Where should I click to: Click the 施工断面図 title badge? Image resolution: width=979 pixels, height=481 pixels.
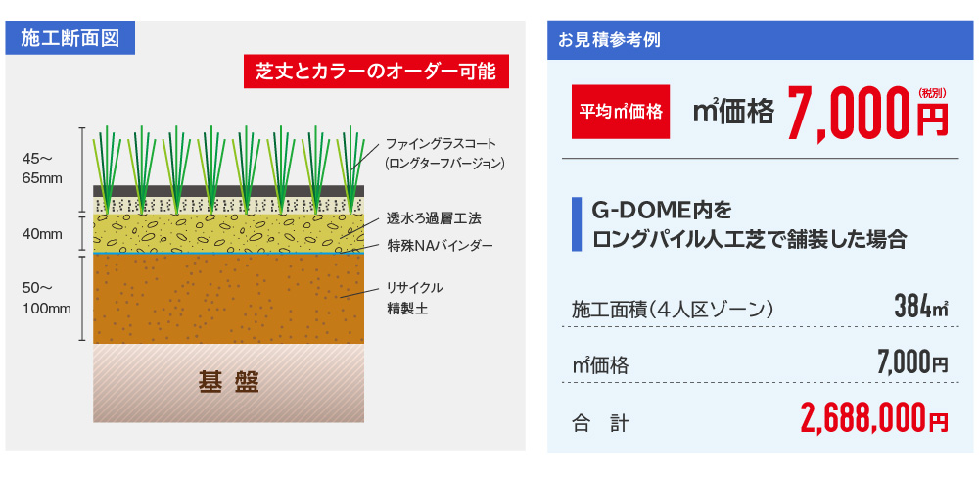pos(70,39)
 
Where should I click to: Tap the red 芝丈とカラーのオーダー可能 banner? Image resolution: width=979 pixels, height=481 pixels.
pos(376,72)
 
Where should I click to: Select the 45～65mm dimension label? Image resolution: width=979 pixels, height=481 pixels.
pos(42,168)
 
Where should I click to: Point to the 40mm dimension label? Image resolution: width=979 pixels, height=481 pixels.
pos(42,234)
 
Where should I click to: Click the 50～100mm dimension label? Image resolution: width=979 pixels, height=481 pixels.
pos(46,298)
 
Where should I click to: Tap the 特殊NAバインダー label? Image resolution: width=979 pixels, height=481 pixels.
pos(440,246)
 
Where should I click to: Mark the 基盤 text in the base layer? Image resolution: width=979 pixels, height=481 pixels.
pos(228,382)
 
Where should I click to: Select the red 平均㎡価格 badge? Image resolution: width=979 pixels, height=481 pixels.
pos(621,112)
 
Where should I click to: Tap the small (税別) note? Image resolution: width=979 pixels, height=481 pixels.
pos(933,92)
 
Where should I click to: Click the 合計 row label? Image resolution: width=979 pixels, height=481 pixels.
pos(600,425)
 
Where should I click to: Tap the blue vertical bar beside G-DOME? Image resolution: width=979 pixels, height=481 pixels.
pos(577,224)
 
